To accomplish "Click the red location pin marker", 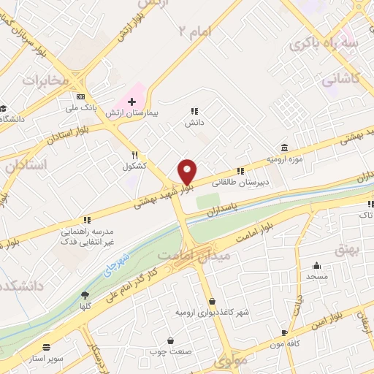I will click(x=187, y=172).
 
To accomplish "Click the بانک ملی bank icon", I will click(x=80, y=96).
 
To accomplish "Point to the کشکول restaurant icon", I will click(x=135, y=155).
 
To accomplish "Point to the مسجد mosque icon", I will click(x=316, y=266).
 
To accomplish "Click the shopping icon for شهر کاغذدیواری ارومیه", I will click(x=213, y=301).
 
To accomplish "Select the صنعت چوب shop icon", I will click(x=170, y=340).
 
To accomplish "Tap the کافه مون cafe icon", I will click(x=284, y=332).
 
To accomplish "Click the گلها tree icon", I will click(x=86, y=295).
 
